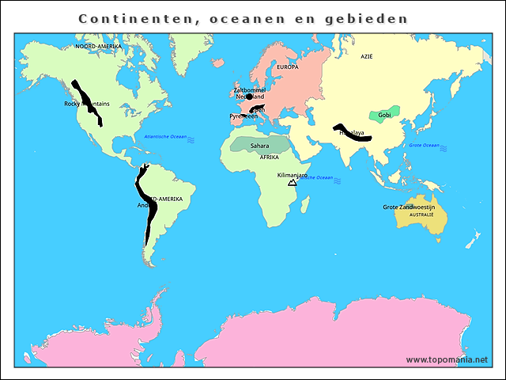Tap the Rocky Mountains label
tap(87, 104)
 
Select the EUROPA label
tap(288, 67)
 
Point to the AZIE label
tap(366, 57)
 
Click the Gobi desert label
tap(385, 115)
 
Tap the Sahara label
tap(259, 146)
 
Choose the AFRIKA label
tap(270, 157)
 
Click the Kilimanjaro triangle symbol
tap(293, 182)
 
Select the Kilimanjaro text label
tap(293, 175)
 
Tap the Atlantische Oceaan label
tap(165, 137)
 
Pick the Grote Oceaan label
tap(424, 146)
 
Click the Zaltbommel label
tap(249, 90)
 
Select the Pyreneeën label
tap(244, 116)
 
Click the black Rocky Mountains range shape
tap(88, 101)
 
